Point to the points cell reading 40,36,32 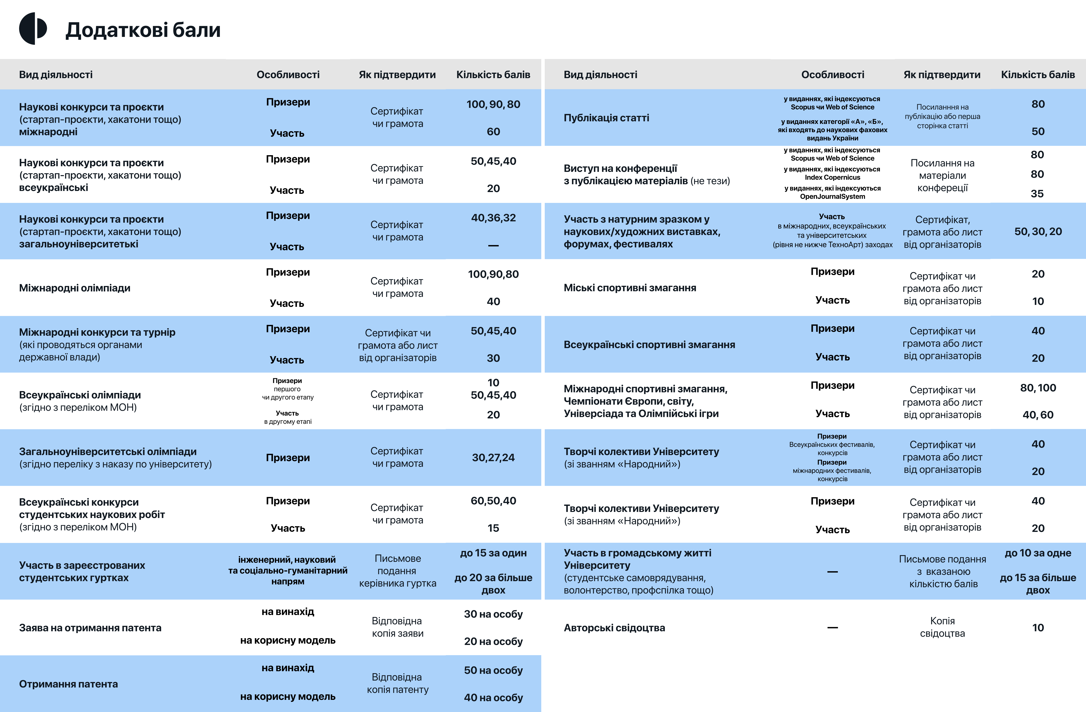(x=493, y=218)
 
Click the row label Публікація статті (x=606, y=118)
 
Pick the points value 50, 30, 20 (x=1038, y=232)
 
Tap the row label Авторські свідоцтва (x=614, y=628)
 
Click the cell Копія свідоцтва (x=942, y=627)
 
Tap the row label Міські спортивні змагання (x=630, y=288)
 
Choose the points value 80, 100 (x=1038, y=388)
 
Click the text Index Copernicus (x=832, y=178)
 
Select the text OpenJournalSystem (x=832, y=197)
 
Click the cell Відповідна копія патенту (x=398, y=683)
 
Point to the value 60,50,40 (x=493, y=501)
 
